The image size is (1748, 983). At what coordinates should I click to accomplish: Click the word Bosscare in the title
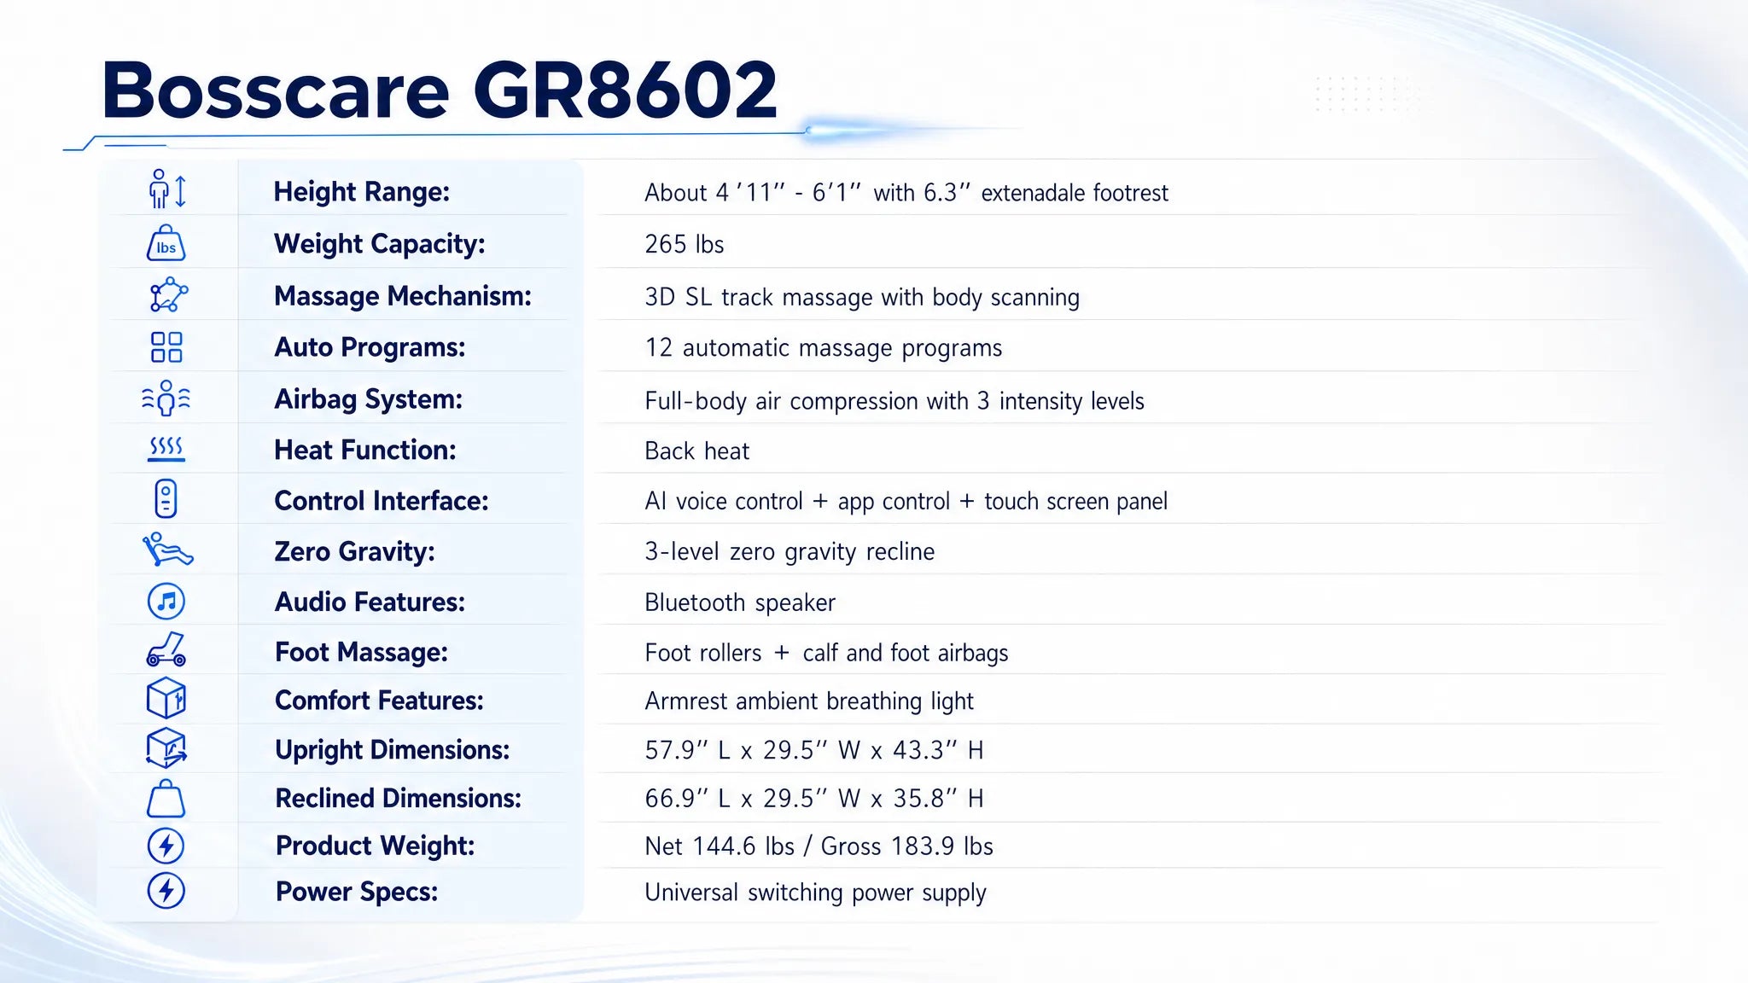tap(275, 90)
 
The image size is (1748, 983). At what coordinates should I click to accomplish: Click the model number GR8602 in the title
tap(625, 90)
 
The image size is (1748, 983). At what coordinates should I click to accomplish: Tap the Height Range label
tap(361, 192)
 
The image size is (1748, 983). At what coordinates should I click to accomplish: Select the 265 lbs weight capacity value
tap(684, 244)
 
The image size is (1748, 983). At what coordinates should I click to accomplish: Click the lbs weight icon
tap(166, 243)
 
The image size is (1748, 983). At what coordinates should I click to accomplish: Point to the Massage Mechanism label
tap(402, 296)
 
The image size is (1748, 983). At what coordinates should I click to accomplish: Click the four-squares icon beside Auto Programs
tap(166, 347)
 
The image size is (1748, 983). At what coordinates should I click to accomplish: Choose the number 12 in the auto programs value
tap(658, 348)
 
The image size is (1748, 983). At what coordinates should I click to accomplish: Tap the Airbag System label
tap(368, 399)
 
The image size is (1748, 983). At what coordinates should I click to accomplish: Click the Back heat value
tap(696, 451)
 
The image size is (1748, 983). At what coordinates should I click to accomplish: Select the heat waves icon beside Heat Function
tap(166, 449)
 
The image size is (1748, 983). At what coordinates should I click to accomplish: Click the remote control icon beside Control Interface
tap(166, 499)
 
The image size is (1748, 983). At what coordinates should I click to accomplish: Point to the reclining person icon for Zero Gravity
tap(167, 550)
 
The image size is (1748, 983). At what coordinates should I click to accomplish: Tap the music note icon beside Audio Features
tap(166, 602)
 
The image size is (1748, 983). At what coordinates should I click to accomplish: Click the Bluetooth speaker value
tap(739, 602)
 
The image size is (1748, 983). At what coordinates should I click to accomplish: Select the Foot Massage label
tap(361, 652)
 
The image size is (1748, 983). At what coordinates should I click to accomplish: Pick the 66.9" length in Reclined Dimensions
tap(676, 799)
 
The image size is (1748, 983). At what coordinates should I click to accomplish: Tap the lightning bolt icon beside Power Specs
tap(166, 891)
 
